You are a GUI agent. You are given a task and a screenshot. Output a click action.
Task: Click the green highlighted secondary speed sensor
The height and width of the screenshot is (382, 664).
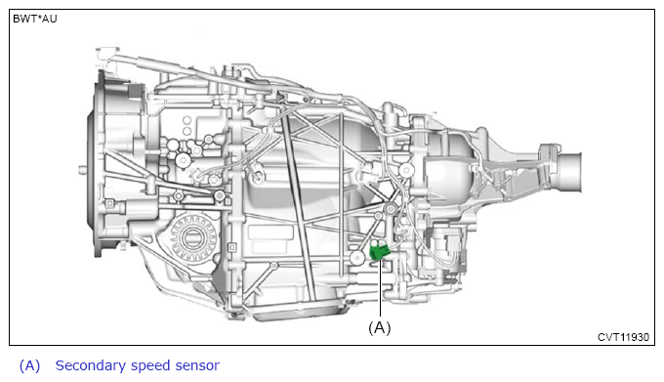[378, 251]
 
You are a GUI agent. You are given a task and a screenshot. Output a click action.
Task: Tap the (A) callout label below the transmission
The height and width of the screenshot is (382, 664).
[380, 328]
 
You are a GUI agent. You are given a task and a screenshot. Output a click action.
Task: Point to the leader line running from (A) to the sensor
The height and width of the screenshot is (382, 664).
[380, 288]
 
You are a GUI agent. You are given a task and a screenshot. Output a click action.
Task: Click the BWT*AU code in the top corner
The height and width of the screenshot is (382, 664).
[35, 20]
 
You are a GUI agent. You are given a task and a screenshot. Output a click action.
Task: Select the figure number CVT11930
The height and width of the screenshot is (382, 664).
[623, 337]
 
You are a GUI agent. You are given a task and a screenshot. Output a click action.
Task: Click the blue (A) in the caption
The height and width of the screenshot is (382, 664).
[29, 366]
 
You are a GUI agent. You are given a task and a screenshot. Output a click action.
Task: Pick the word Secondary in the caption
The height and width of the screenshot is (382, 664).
[90, 365]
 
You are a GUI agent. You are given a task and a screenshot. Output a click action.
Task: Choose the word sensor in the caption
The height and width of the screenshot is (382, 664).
[197, 366]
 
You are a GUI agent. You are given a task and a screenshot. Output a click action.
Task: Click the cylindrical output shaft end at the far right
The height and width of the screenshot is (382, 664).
[570, 172]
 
